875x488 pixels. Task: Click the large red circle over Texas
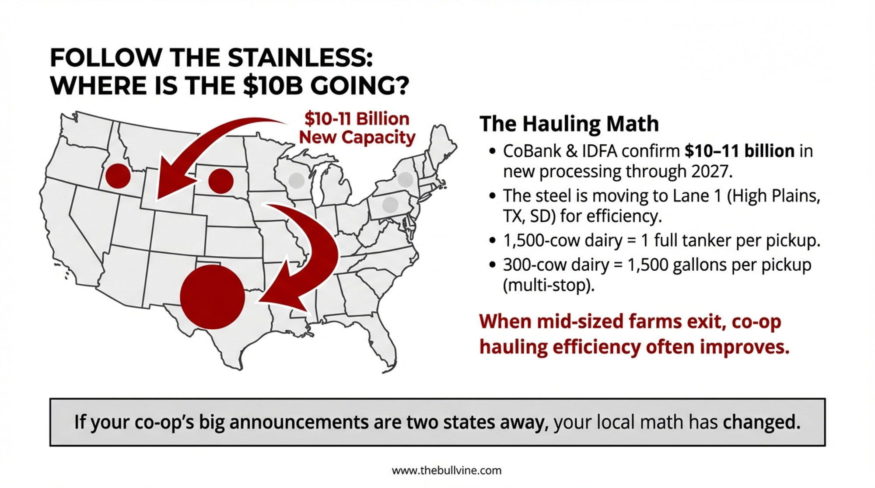tap(212, 297)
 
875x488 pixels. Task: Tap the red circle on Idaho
tap(118, 176)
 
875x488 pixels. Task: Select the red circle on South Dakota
tap(220, 181)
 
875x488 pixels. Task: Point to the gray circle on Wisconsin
tap(297, 181)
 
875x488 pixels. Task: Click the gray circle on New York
tap(406, 179)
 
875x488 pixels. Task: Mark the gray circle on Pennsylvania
tap(390, 204)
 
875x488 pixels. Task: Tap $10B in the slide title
tap(272, 85)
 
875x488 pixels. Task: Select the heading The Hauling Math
tap(569, 124)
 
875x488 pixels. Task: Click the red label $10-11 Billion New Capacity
tap(357, 128)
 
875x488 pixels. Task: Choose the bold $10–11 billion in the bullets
tap(739, 151)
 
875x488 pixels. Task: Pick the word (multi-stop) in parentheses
tap(549, 286)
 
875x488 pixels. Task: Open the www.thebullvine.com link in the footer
tap(447, 471)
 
